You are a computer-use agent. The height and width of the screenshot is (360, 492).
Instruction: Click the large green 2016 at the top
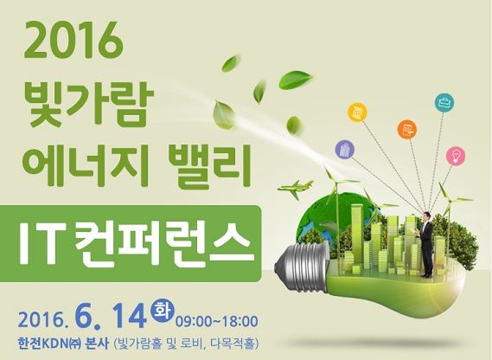coord(73,42)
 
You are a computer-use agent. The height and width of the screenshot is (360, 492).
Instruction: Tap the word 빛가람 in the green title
coord(87,106)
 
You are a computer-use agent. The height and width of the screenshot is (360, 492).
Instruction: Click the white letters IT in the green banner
coord(40,243)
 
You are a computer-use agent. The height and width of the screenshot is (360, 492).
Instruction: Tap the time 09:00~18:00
coord(217,322)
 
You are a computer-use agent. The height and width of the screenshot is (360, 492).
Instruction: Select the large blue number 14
coord(130,317)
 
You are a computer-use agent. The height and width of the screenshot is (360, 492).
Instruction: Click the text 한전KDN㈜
coord(50,344)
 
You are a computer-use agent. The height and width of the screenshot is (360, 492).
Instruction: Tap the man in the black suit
coord(425,244)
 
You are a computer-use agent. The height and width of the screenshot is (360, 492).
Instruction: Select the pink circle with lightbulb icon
coord(456,155)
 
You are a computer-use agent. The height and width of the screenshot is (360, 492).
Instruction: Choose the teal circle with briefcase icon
coord(444,102)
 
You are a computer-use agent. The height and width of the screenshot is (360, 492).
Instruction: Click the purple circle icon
coord(345,149)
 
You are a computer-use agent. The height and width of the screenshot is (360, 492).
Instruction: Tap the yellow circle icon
coord(358,112)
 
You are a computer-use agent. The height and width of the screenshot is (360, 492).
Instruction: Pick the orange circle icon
coord(407,128)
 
